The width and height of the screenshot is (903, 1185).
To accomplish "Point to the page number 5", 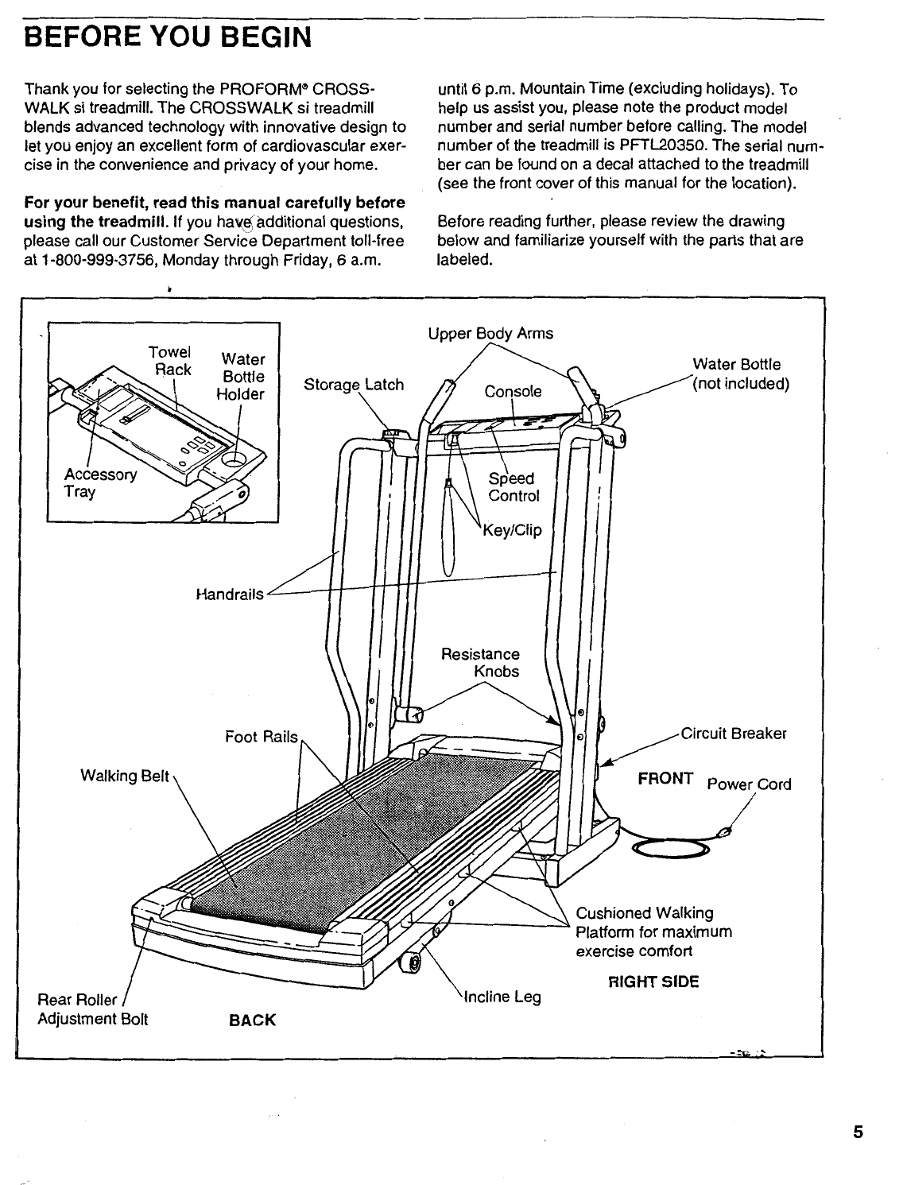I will (x=858, y=1133).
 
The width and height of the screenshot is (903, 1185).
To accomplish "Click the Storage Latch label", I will (x=354, y=385).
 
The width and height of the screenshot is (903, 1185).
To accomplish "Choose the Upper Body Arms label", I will (x=490, y=334).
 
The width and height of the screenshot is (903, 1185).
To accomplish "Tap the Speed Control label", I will (x=514, y=487).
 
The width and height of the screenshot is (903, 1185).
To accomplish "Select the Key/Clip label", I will (x=513, y=530).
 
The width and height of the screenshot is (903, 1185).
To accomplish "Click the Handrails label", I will (x=230, y=594).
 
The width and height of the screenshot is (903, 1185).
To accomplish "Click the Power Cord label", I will (x=750, y=784).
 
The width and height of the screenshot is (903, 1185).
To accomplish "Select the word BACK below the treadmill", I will (x=252, y=1020).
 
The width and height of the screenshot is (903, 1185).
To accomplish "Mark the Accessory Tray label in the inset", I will (x=100, y=483).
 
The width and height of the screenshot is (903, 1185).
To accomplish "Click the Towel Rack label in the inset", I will (x=171, y=361).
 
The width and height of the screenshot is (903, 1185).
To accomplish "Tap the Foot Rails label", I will (x=262, y=738).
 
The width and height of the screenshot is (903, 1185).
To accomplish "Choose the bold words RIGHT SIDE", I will (x=653, y=982).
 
